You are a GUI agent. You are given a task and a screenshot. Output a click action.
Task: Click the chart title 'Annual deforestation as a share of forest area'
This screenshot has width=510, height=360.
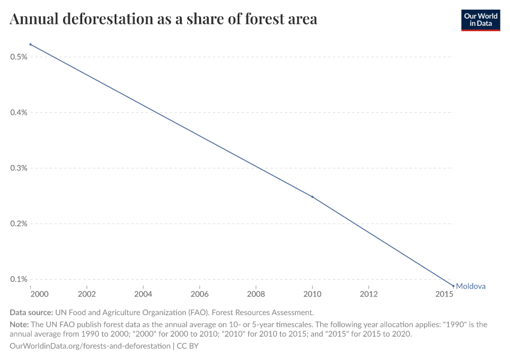pos(163,19)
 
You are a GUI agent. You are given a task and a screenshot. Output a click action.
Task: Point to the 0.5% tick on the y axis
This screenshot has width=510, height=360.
pos(19,57)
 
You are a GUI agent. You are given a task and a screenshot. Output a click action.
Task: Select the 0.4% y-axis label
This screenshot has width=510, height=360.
pos(19,113)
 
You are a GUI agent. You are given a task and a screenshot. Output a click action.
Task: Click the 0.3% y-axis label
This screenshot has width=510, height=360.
pos(19,168)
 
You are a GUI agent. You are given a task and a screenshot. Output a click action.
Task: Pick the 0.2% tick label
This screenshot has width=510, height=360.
pos(19,224)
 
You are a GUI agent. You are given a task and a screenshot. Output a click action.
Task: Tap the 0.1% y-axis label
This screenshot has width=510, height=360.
pos(19,280)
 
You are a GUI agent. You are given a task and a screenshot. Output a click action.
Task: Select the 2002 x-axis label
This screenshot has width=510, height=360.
pos(87,295)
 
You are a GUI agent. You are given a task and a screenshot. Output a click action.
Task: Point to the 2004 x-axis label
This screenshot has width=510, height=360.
pos(143,295)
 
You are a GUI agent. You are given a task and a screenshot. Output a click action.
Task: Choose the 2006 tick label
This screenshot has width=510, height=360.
pos(200,295)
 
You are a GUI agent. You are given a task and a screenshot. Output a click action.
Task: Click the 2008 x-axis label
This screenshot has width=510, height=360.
pos(256,295)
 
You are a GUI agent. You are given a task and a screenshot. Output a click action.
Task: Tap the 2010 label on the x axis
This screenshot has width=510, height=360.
pos(312,295)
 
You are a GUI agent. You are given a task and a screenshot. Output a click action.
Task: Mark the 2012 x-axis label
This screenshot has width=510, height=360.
pos(368,295)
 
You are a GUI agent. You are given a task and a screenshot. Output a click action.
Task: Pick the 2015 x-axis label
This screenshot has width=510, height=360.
pos(445,295)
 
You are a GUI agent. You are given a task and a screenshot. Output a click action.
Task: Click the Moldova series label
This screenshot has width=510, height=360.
pos(470,286)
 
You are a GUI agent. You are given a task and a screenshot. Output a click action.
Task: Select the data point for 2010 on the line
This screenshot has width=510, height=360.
pos(312,197)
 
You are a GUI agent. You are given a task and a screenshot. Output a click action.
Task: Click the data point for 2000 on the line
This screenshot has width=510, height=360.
pos(31,44)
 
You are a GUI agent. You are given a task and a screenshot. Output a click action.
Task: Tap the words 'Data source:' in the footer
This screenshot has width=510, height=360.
pos(31,313)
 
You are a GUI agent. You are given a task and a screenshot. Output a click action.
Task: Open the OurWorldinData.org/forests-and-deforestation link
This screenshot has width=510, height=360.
pos(90,346)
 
